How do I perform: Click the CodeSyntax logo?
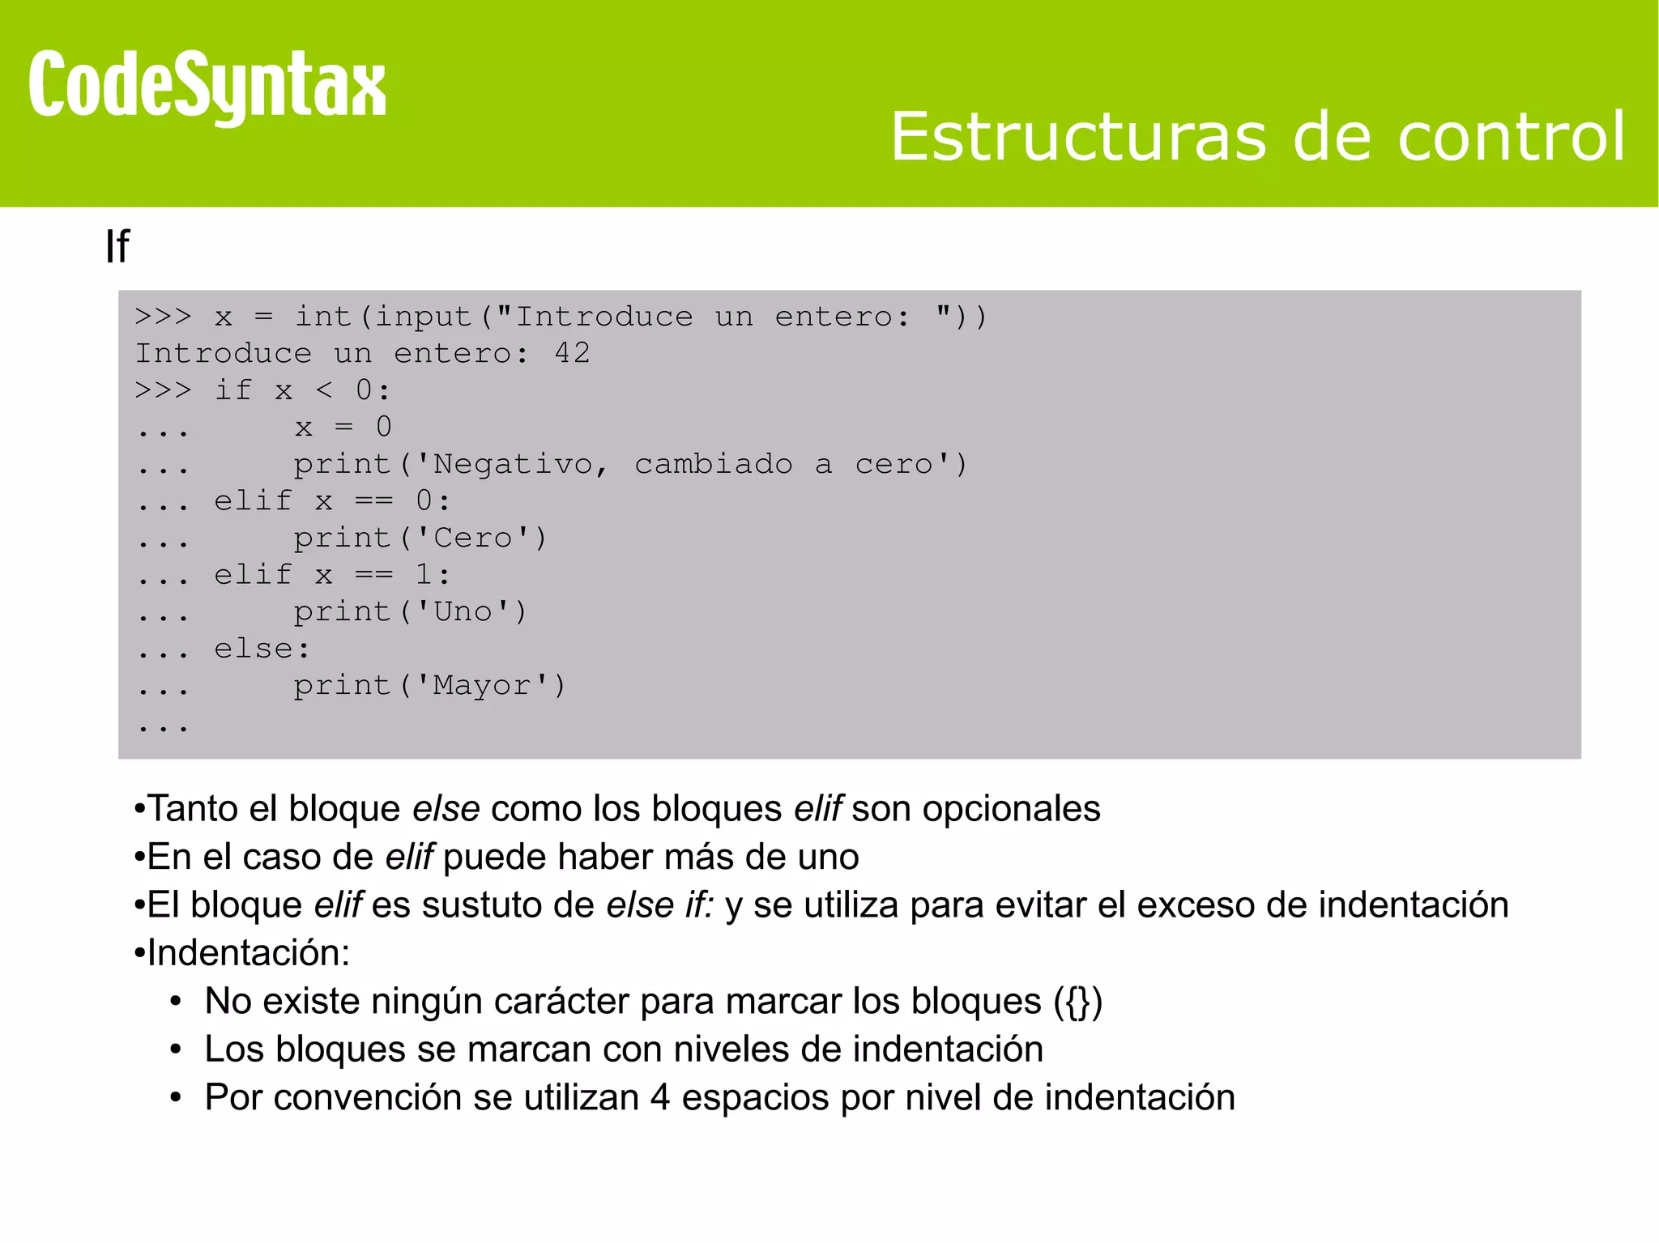(207, 86)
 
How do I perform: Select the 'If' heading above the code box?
(117, 246)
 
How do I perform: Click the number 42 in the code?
(573, 353)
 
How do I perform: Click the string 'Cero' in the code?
(474, 538)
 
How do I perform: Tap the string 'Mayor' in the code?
(483, 685)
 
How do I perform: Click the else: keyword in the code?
(262, 649)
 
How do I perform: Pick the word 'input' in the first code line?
(423, 317)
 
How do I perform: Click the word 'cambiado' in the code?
(713, 464)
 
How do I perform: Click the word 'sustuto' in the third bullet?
(483, 905)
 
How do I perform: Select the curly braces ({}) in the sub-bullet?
(1078, 1002)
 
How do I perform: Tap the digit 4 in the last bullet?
(660, 1098)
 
